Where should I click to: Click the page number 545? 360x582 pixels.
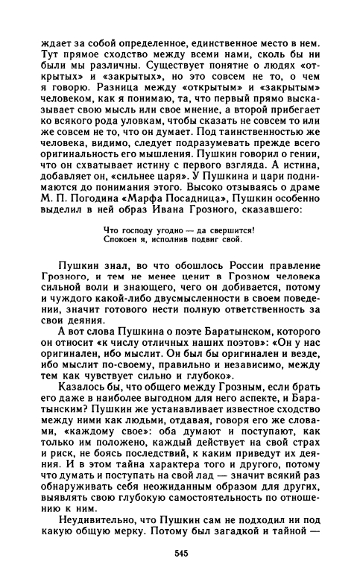coord(180,552)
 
